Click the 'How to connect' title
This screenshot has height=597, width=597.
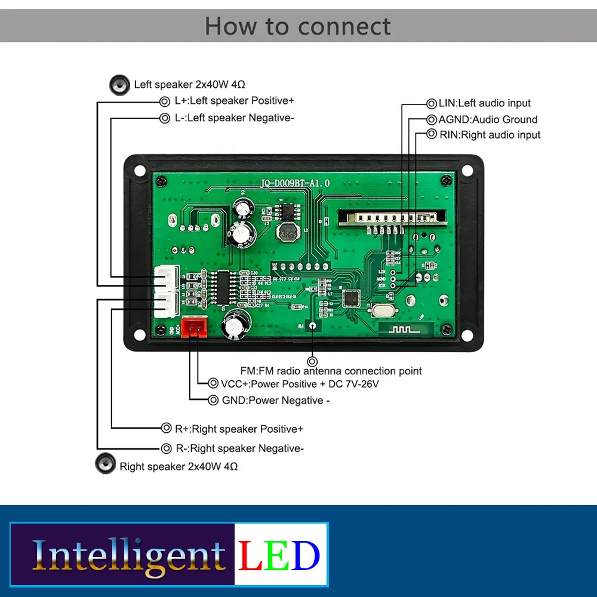coord(298,26)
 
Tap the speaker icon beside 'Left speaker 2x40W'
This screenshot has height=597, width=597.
coord(119,85)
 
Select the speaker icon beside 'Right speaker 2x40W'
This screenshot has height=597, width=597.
coord(106,463)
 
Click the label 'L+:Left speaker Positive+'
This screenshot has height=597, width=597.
coord(234,101)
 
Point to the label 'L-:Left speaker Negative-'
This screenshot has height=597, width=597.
coord(234,118)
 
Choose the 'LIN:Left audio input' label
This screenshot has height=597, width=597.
coord(484,103)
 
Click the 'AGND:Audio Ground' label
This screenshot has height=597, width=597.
coord(488,119)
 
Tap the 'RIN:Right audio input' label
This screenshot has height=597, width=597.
coord(490,135)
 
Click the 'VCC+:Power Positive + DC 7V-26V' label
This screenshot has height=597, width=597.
coord(300,384)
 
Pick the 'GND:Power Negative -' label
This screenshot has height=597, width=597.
coord(275,401)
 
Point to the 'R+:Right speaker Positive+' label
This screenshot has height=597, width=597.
coord(239,429)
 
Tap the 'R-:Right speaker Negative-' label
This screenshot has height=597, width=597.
coord(239,448)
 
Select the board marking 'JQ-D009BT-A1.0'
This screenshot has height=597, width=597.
coord(295,184)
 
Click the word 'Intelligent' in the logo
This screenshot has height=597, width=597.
coord(128,555)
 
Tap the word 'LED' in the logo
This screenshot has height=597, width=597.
coord(279,555)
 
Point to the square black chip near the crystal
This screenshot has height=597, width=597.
coord(351,298)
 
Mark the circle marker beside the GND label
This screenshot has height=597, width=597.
coord(213,401)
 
